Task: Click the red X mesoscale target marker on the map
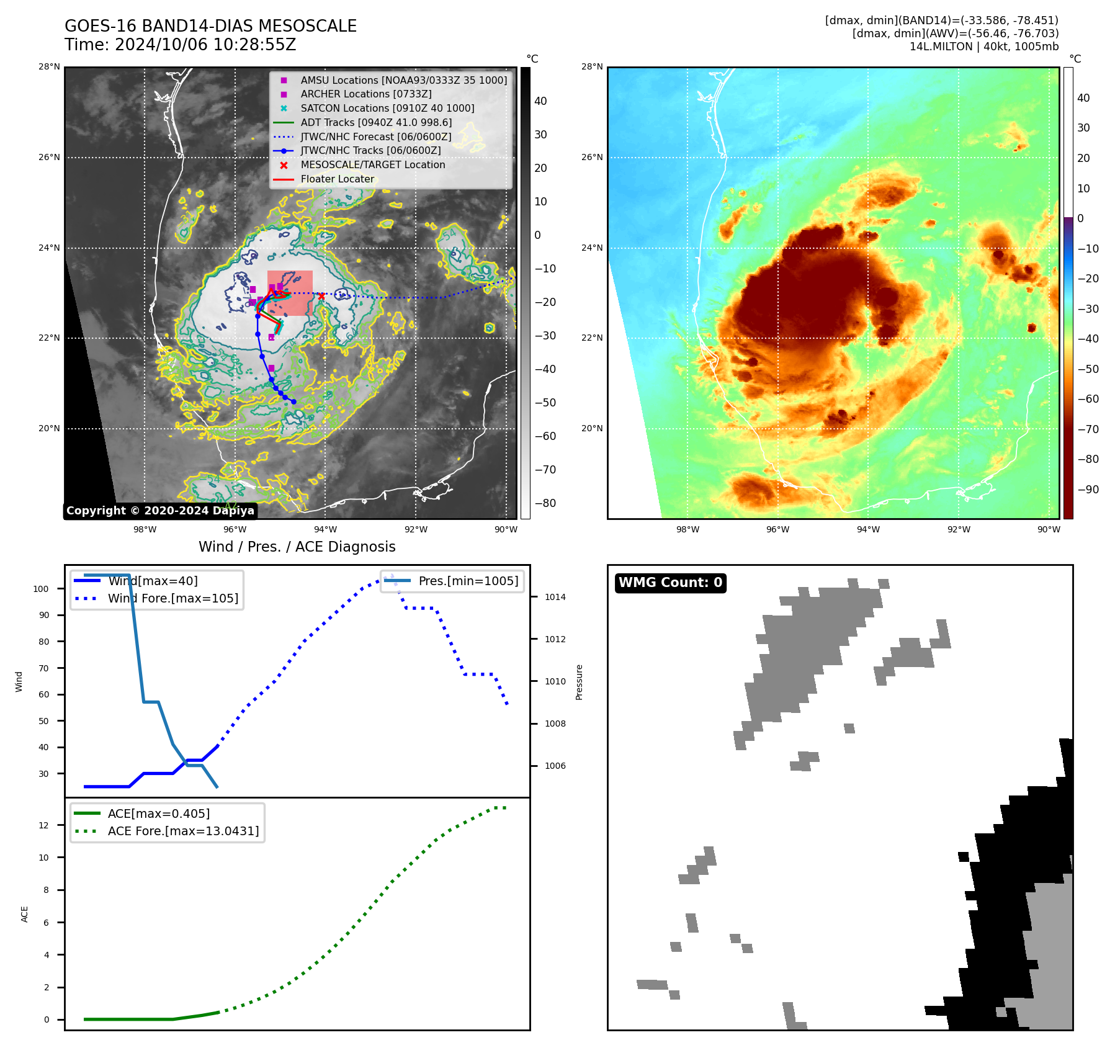pyautogui.click(x=321, y=297)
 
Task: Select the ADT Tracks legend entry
pyautogui.click(x=376, y=123)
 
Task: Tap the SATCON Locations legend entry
pyautogui.click(x=387, y=109)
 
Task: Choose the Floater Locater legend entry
pyautogui.click(x=337, y=179)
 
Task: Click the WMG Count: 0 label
pyautogui.click(x=670, y=583)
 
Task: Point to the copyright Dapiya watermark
pyautogui.click(x=160, y=511)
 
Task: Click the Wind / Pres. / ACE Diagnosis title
pyautogui.click(x=297, y=547)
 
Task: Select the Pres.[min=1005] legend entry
pyautogui.click(x=468, y=581)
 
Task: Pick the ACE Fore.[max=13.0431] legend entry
pyautogui.click(x=183, y=831)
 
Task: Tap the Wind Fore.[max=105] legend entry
pyautogui.click(x=172, y=599)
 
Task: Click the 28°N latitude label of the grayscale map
pyautogui.click(x=50, y=67)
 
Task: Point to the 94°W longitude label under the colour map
pyautogui.click(x=868, y=529)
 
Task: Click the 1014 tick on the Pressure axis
pyautogui.click(x=555, y=598)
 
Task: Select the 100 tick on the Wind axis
pyautogui.click(x=41, y=589)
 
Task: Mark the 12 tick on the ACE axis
pyautogui.click(x=43, y=825)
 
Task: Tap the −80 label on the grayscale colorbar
pyautogui.click(x=545, y=503)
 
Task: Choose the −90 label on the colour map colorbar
pyautogui.click(x=1088, y=490)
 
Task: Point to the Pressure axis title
pyautogui.click(x=580, y=682)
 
